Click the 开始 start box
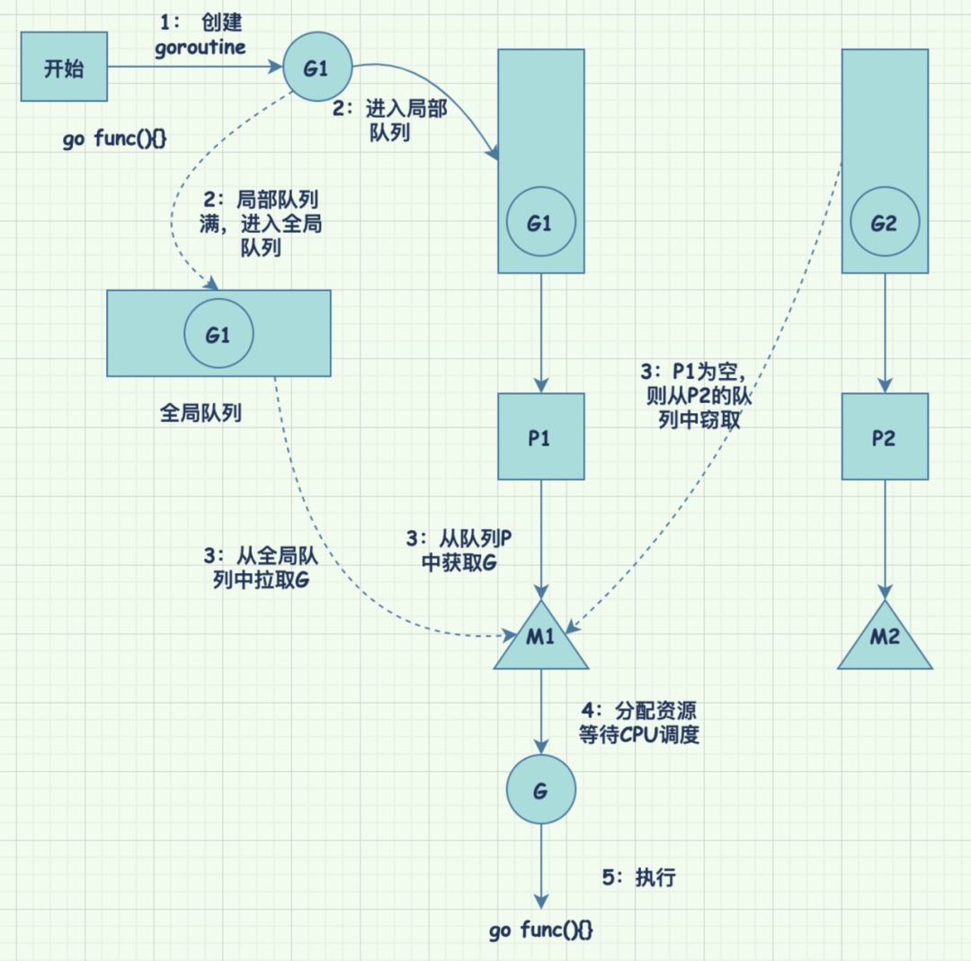click(x=64, y=67)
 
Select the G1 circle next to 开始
click(x=316, y=67)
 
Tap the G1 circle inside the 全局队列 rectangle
click(x=218, y=335)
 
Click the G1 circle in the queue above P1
click(x=539, y=223)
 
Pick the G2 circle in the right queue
click(x=884, y=223)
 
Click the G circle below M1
click(x=540, y=790)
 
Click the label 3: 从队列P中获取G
click(x=459, y=551)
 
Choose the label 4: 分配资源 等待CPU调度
click(x=639, y=722)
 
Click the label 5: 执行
click(x=637, y=877)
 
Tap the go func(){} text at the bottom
click(x=541, y=930)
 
